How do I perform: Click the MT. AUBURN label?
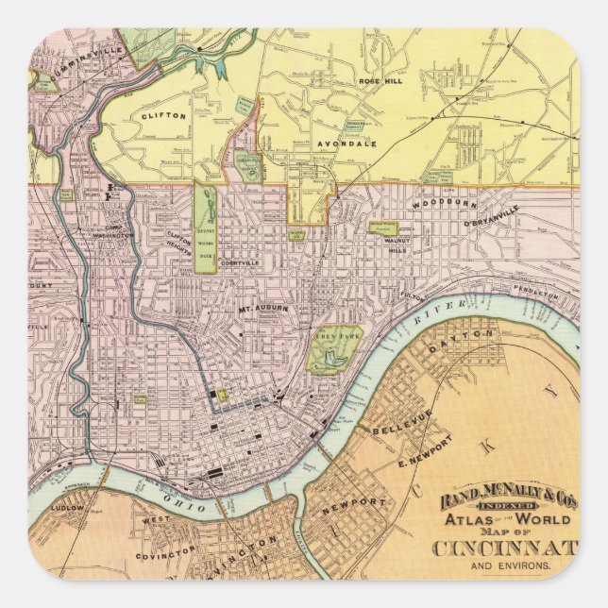[263, 309]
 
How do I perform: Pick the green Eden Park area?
[333, 348]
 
